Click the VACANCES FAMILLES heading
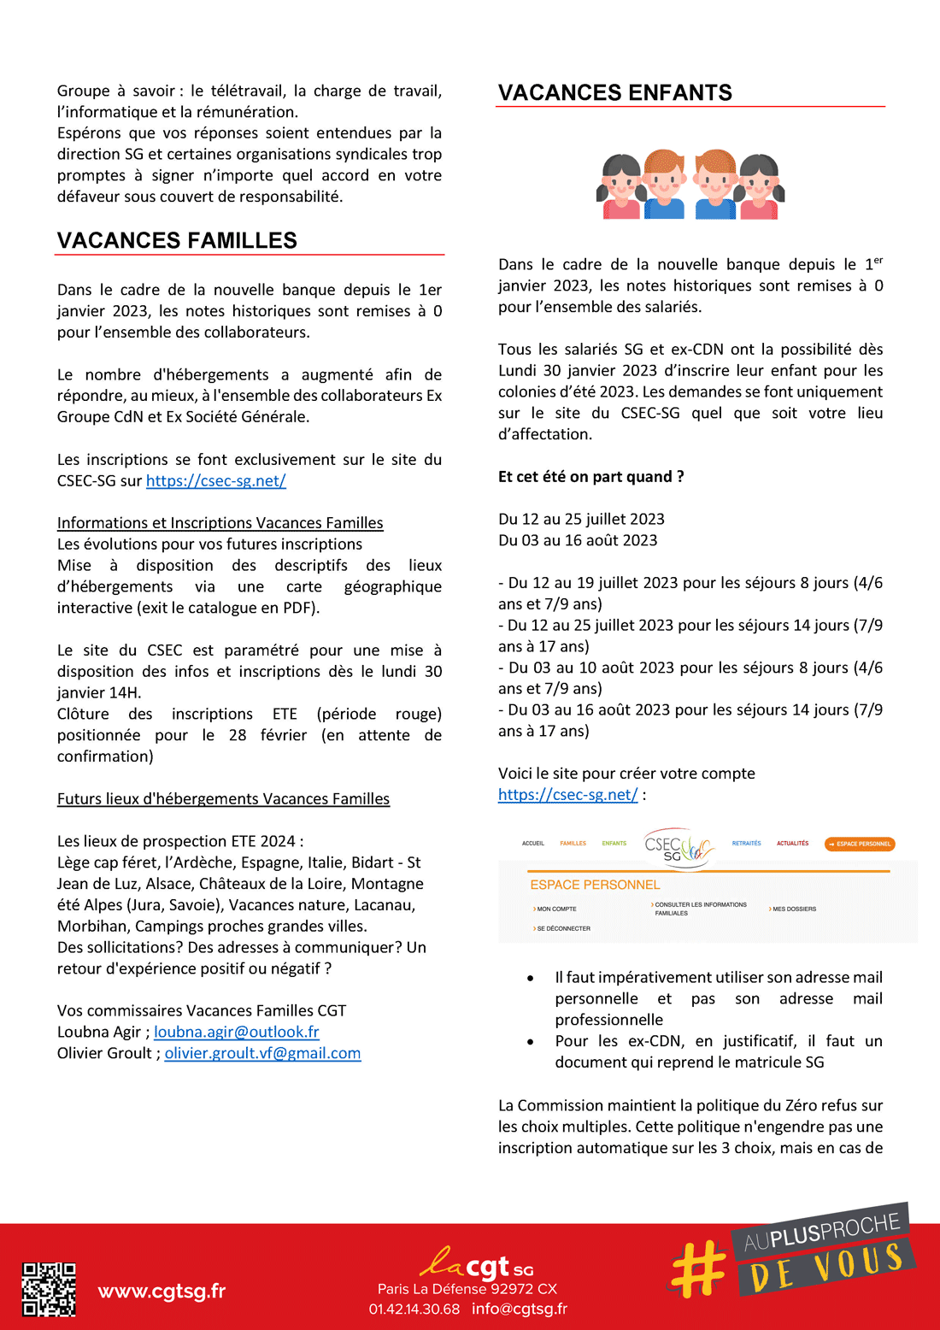(x=177, y=241)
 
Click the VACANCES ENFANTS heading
(x=614, y=93)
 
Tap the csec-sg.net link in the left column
(x=215, y=481)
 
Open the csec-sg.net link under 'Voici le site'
(x=567, y=795)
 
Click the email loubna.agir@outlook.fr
(x=236, y=1033)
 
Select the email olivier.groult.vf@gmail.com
(x=262, y=1054)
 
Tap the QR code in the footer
(x=49, y=1289)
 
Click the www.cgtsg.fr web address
(x=162, y=1291)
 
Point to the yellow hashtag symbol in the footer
(x=698, y=1268)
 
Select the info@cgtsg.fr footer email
(x=520, y=1309)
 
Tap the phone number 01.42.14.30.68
(x=414, y=1309)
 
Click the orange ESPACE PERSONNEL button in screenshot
(x=860, y=844)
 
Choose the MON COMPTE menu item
(x=556, y=909)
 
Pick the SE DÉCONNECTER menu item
(x=563, y=929)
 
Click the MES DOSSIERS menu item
(x=794, y=909)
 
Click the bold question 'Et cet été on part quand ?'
(x=590, y=477)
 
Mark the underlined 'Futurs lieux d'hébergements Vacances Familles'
(x=223, y=799)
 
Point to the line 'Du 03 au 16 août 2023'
(x=578, y=541)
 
